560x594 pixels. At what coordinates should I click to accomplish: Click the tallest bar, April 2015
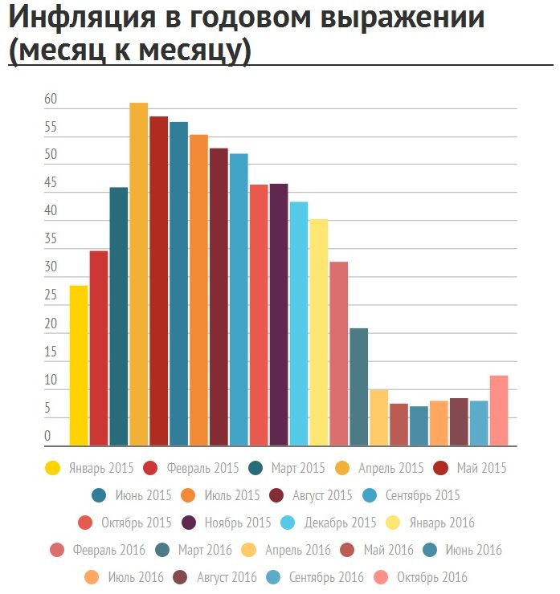[x=139, y=273]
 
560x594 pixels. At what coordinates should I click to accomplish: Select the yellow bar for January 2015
[x=79, y=365]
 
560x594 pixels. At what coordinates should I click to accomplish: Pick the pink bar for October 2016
[x=499, y=410]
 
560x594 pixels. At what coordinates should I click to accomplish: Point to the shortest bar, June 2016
[x=419, y=426]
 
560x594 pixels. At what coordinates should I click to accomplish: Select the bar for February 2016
[x=339, y=353]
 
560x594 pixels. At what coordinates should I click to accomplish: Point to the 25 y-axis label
[x=51, y=296]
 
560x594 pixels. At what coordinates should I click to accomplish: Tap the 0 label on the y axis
[x=47, y=437]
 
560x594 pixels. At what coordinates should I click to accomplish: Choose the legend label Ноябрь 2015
[x=238, y=523]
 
